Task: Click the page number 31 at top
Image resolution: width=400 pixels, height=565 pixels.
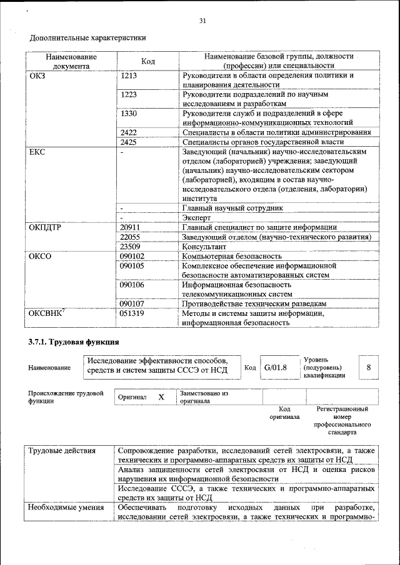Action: coord(202,21)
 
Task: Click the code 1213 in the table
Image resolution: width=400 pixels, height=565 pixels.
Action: coord(128,76)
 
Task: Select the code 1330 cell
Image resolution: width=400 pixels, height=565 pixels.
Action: coord(128,114)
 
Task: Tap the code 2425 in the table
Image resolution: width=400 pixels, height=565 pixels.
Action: coord(128,142)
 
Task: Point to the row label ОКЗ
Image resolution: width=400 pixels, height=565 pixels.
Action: coord(37,76)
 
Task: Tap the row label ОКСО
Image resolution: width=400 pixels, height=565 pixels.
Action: coord(40,256)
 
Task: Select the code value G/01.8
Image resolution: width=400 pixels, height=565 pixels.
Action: coord(275,368)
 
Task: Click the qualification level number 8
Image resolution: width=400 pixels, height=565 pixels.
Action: coord(369,368)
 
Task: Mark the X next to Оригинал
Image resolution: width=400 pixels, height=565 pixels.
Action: coord(161,397)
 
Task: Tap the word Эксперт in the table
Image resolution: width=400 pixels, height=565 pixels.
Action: coord(196,218)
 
